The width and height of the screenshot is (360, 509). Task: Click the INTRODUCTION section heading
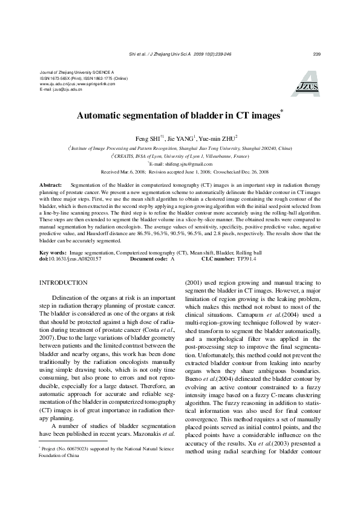coord(64,282)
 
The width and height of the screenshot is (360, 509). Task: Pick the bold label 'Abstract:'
coord(50,183)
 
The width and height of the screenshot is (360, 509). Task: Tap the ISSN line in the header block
coord(83,78)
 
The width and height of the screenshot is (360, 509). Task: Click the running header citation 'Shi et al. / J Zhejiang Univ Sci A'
coord(160,54)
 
